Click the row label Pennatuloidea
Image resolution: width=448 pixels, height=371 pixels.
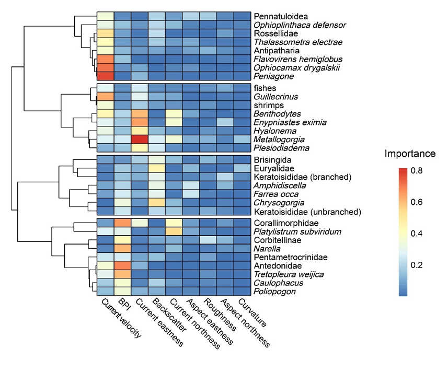click(x=280, y=17)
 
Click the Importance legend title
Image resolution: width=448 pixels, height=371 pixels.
click(x=410, y=154)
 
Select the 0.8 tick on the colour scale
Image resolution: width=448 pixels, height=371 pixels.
click(x=417, y=170)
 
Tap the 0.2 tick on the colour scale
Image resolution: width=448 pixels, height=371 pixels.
click(x=417, y=265)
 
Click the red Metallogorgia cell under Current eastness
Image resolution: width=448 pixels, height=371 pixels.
click(x=139, y=139)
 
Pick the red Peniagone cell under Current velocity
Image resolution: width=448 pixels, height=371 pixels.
click(x=105, y=76)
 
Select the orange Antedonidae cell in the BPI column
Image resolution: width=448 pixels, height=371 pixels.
click(x=122, y=266)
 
